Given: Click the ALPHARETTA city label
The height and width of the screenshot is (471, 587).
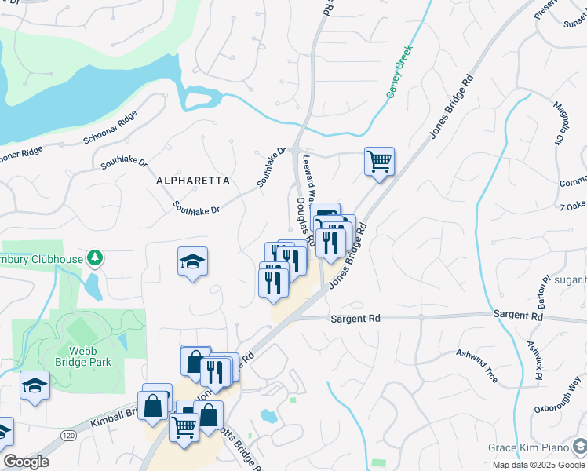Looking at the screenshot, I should [193, 181].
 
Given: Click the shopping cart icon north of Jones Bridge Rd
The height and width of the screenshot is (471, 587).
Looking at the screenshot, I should [379, 162].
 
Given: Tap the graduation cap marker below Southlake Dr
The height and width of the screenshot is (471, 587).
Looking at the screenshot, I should [192, 261].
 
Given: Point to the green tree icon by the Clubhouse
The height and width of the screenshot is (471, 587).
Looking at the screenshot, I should [94, 257].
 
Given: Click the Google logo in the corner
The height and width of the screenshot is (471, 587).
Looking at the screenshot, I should [26, 462].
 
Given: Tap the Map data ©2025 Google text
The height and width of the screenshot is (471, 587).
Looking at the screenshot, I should [538, 465].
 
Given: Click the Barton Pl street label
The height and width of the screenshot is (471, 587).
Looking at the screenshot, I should [542, 291].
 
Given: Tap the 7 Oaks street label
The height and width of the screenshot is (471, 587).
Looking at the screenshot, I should [573, 206].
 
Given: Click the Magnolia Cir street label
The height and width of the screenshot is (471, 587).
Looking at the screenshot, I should [562, 122].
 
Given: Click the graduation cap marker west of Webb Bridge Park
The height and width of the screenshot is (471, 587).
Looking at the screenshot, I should [34, 385].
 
